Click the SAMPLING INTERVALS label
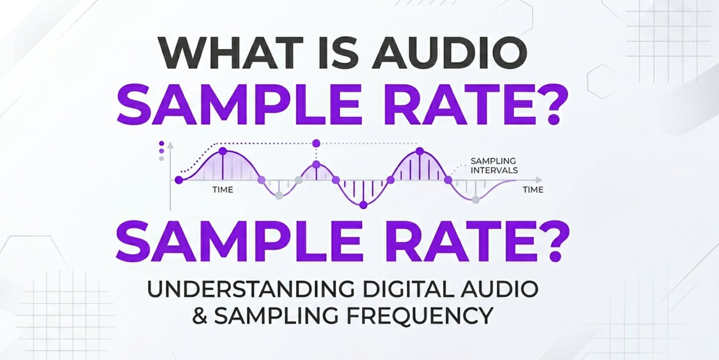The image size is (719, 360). pos(493,165)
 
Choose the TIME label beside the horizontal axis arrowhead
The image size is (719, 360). pos(533,189)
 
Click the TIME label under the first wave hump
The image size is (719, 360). pos(223,189)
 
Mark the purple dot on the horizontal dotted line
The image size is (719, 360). pos(316,143)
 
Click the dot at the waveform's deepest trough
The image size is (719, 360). pos(363,205)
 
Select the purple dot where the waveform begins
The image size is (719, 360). pos(179,180)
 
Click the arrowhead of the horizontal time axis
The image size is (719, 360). pos(539,180)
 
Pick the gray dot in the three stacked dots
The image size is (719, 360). pos(161,159)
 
